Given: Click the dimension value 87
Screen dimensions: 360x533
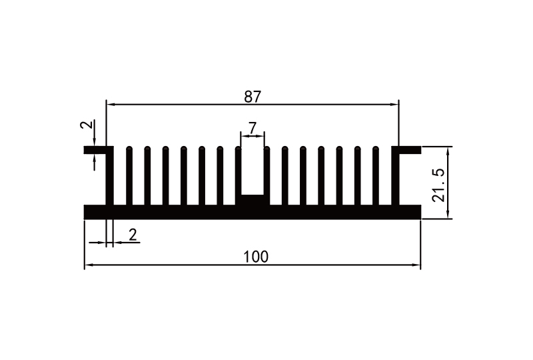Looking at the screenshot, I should click(252, 96).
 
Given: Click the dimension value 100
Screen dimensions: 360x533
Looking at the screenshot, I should click(256, 257).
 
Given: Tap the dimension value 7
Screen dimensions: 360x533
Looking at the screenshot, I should click(253, 127).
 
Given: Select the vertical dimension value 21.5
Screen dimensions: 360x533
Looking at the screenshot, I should click(438, 185).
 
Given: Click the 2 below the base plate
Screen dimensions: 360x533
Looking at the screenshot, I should click(133, 234).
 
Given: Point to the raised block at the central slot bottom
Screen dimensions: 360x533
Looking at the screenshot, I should click(253, 200).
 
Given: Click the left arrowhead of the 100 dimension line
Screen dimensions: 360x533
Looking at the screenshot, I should click(87, 265).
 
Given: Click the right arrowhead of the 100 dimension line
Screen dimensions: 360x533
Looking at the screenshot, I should click(418, 265).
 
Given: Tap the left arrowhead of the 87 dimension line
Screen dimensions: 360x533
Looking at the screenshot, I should click(110, 105).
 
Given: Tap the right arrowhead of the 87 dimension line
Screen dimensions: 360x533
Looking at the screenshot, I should click(395, 105).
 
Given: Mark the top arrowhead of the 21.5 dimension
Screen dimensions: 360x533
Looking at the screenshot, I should click(448, 150).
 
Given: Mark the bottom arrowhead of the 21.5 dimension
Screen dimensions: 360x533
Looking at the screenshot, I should click(448, 214).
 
